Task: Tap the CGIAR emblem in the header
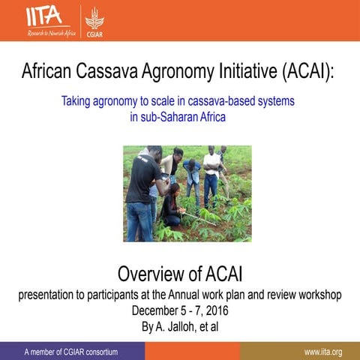click(94, 19)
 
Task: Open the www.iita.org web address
click(323, 352)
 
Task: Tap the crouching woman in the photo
click(172, 205)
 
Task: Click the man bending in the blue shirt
click(192, 176)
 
